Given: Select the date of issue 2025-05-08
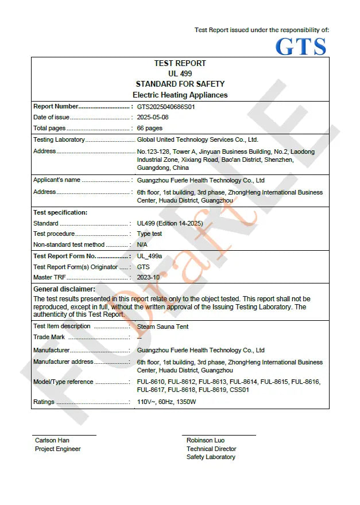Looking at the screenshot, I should [x=153, y=117].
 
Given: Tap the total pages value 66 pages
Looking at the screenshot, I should [x=149, y=128].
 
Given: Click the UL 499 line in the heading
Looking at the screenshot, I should [x=180, y=73].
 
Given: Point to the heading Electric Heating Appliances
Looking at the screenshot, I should [x=180, y=95].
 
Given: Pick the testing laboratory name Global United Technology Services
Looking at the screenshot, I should [x=198, y=139].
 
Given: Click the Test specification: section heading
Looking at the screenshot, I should [x=60, y=212].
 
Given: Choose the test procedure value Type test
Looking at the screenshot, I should [x=149, y=234].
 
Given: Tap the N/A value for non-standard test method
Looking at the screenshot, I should [x=142, y=244].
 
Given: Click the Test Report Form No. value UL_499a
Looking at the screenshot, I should [x=150, y=256].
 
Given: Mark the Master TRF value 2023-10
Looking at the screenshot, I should [x=148, y=277].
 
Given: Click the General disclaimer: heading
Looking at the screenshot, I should [x=64, y=289].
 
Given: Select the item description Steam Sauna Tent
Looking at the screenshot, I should [x=162, y=327].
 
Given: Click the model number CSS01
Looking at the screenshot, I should [x=239, y=390].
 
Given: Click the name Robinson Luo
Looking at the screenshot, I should [x=206, y=441].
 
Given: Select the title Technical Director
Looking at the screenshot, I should [x=211, y=449].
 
